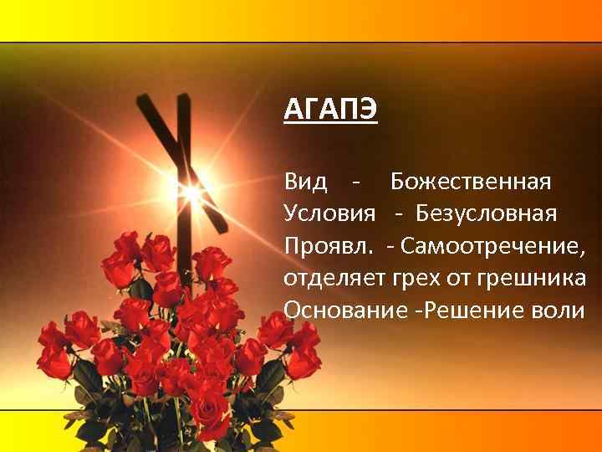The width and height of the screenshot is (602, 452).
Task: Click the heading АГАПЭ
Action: point(331,110)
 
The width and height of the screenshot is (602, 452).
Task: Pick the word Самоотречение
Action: point(493,245)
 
